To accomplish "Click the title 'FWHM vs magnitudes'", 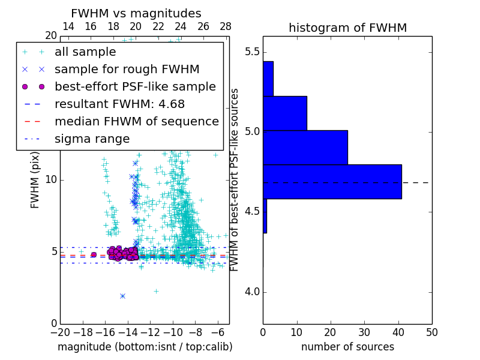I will [x=136, y=13].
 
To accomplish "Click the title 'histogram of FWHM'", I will [x=347, y=28].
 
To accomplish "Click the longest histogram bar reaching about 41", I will [x=332, y=181].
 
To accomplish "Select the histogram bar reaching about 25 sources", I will [x=305, y=147].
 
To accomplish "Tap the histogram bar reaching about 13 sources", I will [x=285, y=113].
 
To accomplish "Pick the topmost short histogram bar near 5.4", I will [x=268, y=79].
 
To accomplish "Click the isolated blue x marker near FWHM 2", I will [x=122, y=296].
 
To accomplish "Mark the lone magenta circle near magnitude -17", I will [x=94, y=254].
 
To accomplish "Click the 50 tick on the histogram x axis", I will [x=431, y=332].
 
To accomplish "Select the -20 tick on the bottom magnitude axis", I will [x=60, y=332].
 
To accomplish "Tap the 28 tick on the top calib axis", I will [x=226, y=26].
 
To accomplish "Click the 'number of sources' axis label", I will [x=347, y=347].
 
